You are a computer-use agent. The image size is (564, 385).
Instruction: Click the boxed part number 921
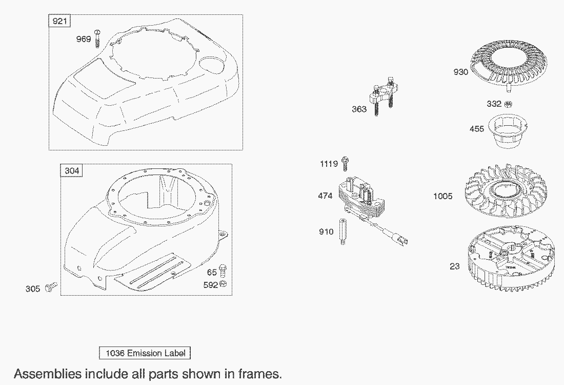click(59, 21)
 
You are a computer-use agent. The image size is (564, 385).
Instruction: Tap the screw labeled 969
click(97, 38)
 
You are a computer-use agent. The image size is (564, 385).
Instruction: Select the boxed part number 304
click(72, 170)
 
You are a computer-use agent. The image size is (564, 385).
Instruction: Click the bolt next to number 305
click(51, 287)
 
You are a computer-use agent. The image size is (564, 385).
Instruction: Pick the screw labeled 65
click(223, 271)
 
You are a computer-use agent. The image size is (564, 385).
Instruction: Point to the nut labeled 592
click(223, 284)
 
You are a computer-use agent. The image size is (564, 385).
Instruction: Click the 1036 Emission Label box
click(145, 353)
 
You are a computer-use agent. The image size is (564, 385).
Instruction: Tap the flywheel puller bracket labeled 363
click(382, 95)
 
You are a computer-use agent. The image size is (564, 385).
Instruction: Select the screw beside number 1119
click(345, 164)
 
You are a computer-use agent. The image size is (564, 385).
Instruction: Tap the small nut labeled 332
click(508, 104)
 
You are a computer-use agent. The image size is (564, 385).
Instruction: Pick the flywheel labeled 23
click(511, 258)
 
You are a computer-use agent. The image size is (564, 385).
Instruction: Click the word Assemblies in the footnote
click(48, 374)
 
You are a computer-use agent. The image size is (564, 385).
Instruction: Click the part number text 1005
click(443, 196)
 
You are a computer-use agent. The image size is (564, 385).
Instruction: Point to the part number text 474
click(325, 196)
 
